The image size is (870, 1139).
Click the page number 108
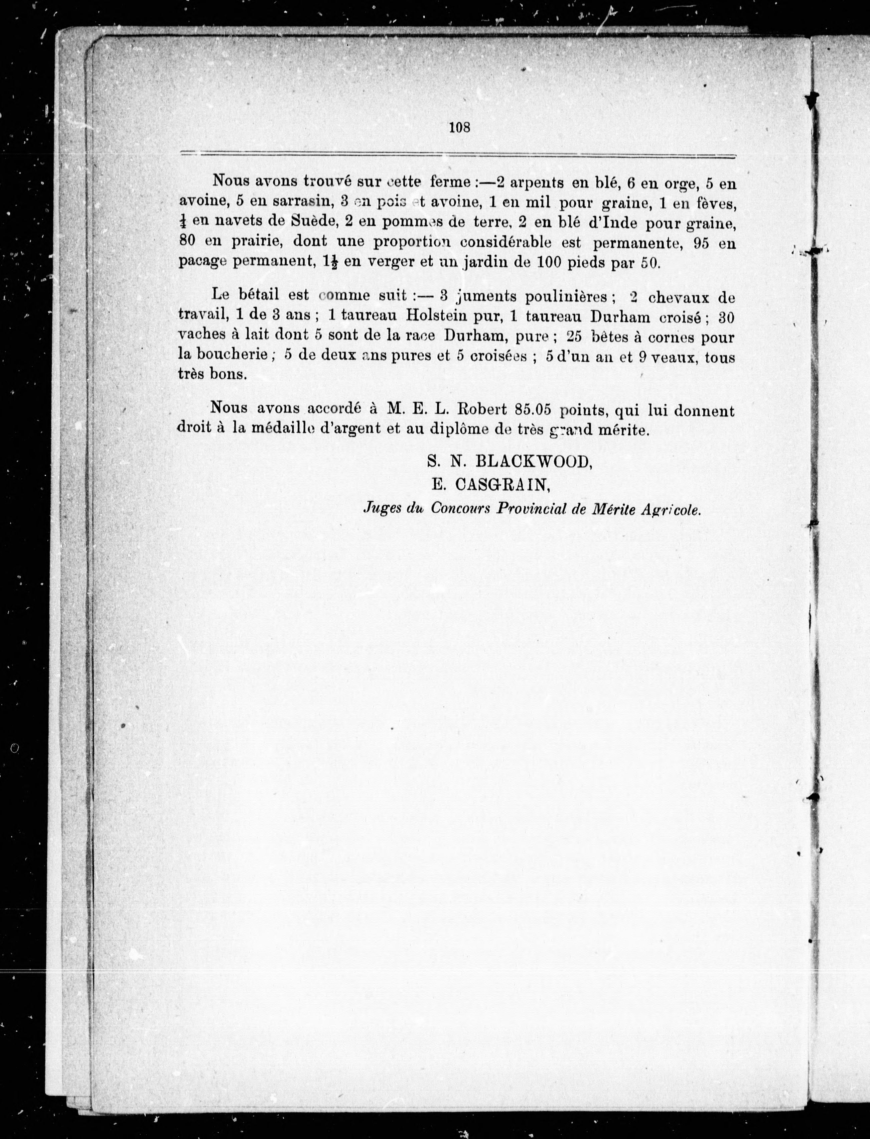[x=459, y=127]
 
